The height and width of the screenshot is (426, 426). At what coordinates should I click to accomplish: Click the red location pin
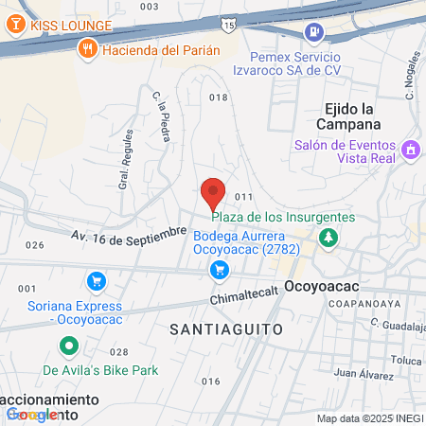213,193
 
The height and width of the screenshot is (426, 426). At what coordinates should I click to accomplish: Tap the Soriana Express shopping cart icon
95,281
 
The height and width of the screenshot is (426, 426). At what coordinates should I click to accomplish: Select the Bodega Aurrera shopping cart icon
220,271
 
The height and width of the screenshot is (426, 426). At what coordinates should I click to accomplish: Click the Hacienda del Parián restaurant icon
87,49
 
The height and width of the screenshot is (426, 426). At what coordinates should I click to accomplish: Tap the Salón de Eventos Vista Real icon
411,150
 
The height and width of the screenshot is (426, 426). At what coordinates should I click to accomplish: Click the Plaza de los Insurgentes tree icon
328,237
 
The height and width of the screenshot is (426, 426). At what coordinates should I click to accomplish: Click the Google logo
34,414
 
